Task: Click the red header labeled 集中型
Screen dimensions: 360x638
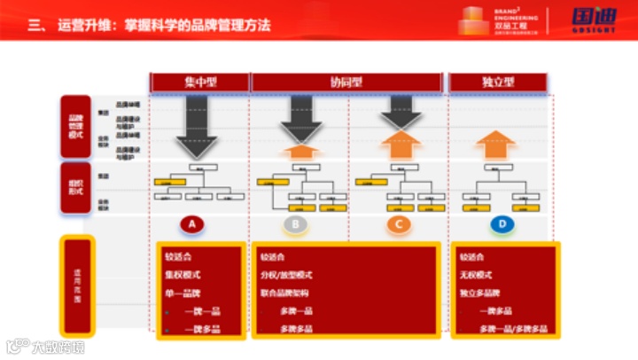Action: (199, 82)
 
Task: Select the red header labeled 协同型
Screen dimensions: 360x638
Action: (346, 82)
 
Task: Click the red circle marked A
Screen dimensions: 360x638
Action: (192, 224)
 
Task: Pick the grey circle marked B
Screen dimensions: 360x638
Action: (296, 224)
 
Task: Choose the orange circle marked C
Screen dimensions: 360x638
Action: (399, 224)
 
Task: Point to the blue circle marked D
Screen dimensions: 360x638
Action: (502, 224)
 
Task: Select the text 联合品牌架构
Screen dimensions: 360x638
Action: (285, 293)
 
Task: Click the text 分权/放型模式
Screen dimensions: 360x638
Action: (287, 275)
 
